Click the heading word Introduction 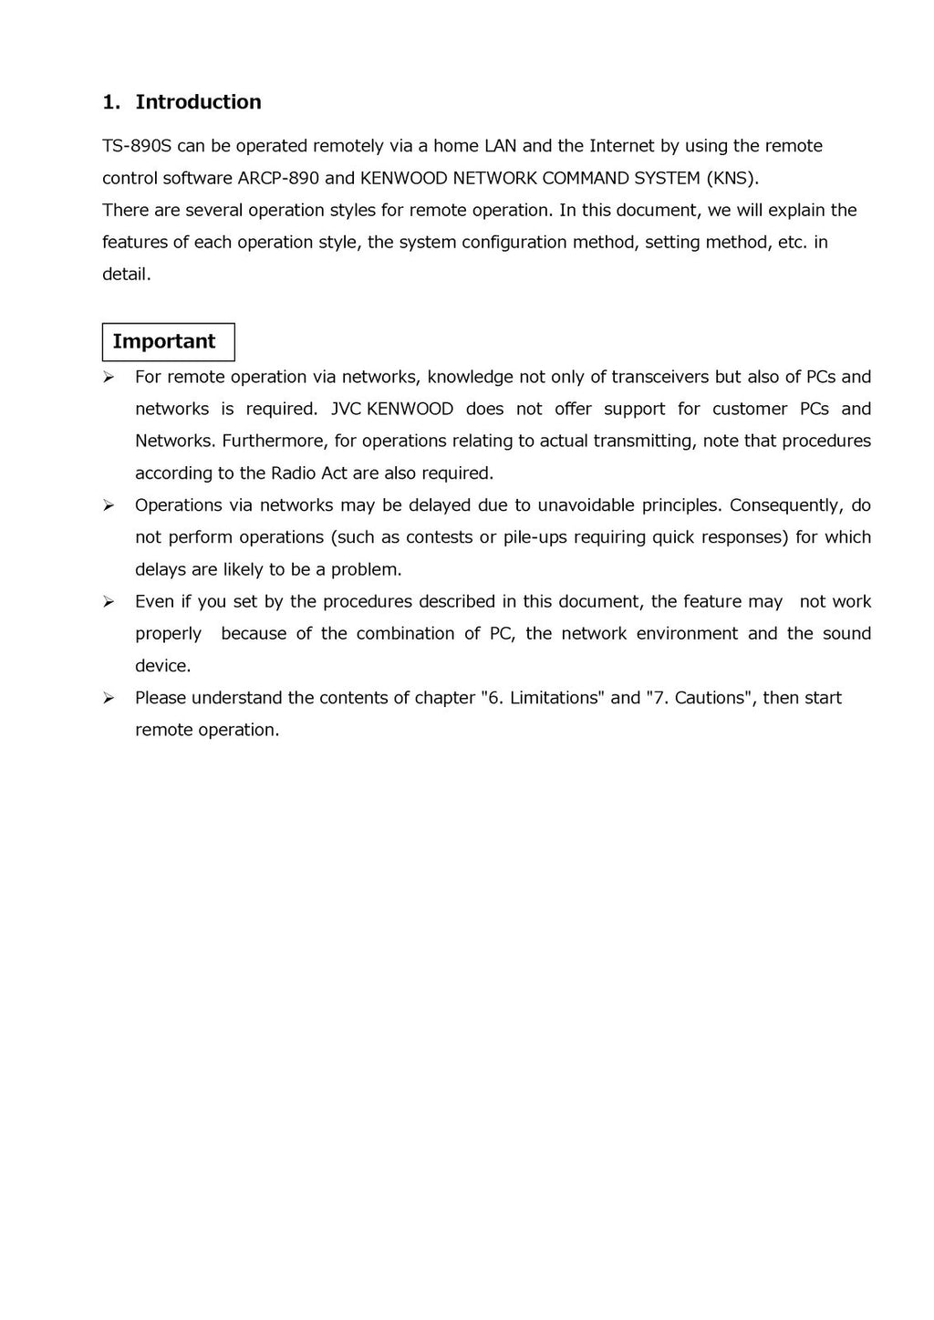198,102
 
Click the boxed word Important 164,342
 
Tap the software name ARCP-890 278,178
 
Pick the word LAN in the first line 500,146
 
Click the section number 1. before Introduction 111,102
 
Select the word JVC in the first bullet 346,409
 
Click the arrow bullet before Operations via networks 108,505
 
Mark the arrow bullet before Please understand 108,698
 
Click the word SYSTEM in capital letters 667,178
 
